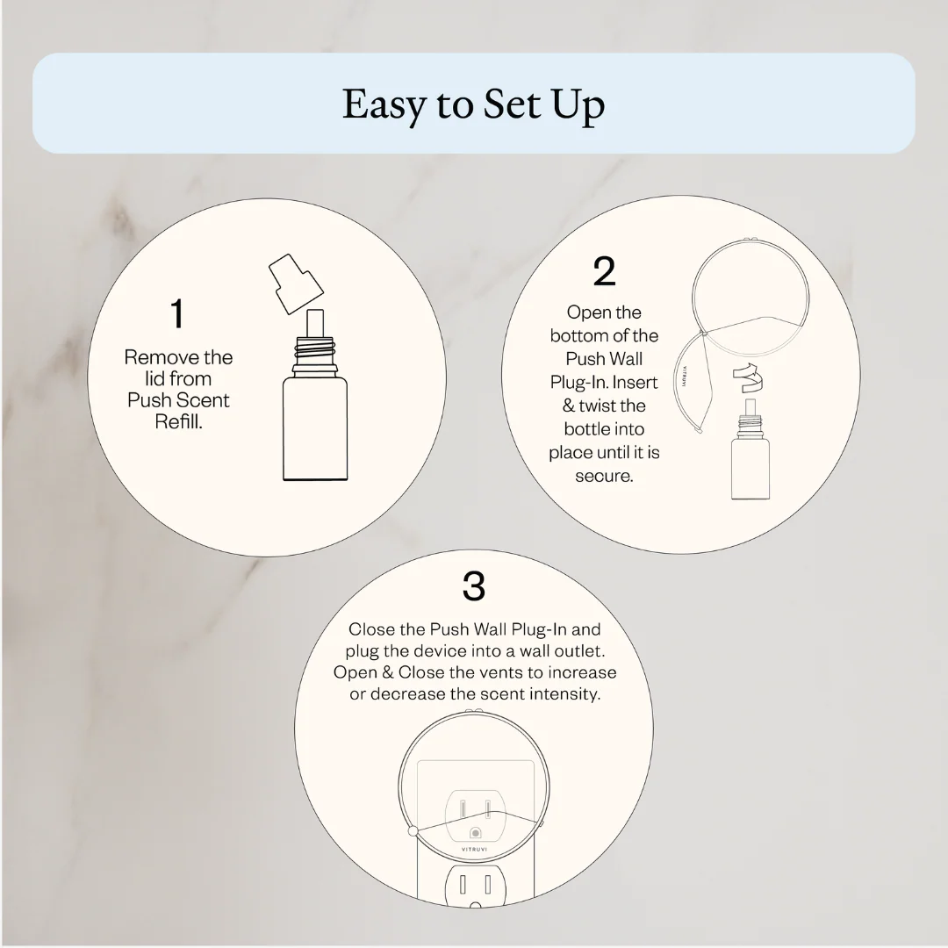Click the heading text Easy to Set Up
(x=473, y=104)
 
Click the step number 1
(x=176, y=313)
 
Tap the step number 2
(x=604, y=271)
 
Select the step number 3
(x=474, y=586)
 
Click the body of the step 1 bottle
(x=315, y=428)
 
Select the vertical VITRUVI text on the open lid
(x=684, y=376)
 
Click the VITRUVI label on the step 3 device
(x=475, y=850)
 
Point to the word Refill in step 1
(x=178, y=421)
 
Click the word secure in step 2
(x=604, y=477)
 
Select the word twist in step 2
(x=596, y=405)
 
